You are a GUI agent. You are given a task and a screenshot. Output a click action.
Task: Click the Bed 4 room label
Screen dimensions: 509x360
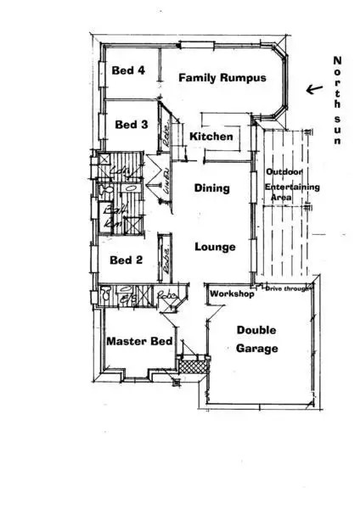(128, 71)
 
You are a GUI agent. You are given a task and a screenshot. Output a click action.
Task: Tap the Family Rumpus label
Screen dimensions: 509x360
(222, 78)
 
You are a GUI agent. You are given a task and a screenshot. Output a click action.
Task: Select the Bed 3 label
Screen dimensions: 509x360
(132, 125)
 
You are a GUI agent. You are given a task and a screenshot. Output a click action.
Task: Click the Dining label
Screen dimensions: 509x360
(211, 188)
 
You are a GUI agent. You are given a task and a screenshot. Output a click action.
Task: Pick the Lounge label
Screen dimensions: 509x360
(215, 247)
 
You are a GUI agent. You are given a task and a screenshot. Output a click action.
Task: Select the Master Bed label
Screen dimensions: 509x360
(139, 342)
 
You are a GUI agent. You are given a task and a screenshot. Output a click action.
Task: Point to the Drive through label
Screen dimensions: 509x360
(286, 289)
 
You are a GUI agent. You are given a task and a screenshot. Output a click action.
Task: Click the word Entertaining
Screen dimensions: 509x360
(291, 186)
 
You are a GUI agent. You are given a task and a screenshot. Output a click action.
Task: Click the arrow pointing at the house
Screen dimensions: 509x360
(314, 88)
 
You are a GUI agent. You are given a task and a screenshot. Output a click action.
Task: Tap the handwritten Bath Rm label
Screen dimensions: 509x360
(111, 217)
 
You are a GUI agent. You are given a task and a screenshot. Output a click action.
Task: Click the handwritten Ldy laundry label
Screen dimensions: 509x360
(123, 173)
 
